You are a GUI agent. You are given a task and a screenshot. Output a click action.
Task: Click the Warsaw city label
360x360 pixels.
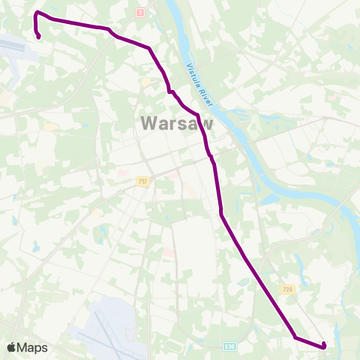tap(176, 123)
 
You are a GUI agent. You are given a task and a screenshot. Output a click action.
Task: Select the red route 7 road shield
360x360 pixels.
tap(140, 13)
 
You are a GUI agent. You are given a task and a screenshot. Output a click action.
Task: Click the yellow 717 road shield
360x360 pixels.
tap(142, 181)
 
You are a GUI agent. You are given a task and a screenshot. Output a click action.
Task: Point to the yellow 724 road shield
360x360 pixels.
tap(287, 289)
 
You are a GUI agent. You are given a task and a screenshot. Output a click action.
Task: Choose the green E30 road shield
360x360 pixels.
tap(229, 347)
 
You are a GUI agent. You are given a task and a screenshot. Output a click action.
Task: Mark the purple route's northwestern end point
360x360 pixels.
tap(38, 36)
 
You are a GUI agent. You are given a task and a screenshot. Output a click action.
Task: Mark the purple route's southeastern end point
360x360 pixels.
tap(323, 346)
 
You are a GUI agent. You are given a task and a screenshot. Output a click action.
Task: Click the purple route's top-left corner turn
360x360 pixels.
tap(36, 13)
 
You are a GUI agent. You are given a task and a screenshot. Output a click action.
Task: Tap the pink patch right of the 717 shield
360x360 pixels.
tap(173, 175)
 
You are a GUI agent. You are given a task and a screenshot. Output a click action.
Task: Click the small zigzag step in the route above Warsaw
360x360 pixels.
tap(172, 91)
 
